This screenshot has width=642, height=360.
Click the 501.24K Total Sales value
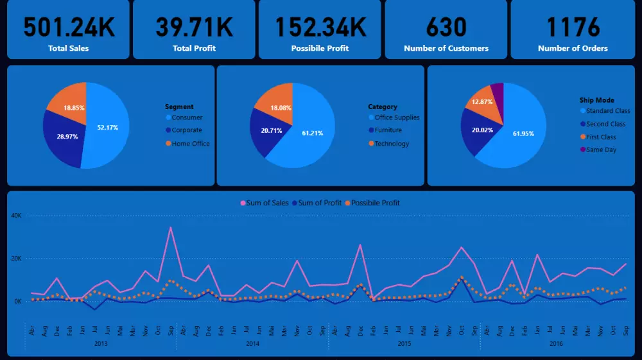pyautogui.click(x=69, y=27)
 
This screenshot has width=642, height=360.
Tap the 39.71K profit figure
pyautogui.click(x=195, y=27)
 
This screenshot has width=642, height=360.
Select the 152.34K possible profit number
pyautogui.click(x=320, y=27)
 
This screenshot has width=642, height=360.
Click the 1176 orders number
pyautogui.click(x=573, y=27)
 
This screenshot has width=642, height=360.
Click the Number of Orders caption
pyautogui.click(x=573, y=48)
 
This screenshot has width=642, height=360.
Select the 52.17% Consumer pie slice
pyautogui.click(x=107, y=127)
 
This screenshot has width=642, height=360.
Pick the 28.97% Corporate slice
pyautogui.click(x=63, y=137)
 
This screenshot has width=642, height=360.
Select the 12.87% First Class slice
pyautogui.click(x=482, y=105)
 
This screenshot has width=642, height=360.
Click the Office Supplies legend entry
pyautogui.click(x=397, y=117)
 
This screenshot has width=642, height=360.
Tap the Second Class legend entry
pyautogui.click(x=605, y=124)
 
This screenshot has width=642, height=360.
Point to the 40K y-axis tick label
pyautogui.click(x=16, y=216)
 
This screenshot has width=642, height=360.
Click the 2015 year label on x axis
pyautogui.click(x=404, y=344)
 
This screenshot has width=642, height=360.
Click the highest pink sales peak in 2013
pyautogui.click(x=170, y=227)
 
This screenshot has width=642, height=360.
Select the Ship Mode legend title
pyautogui.click(x=596, y=100)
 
